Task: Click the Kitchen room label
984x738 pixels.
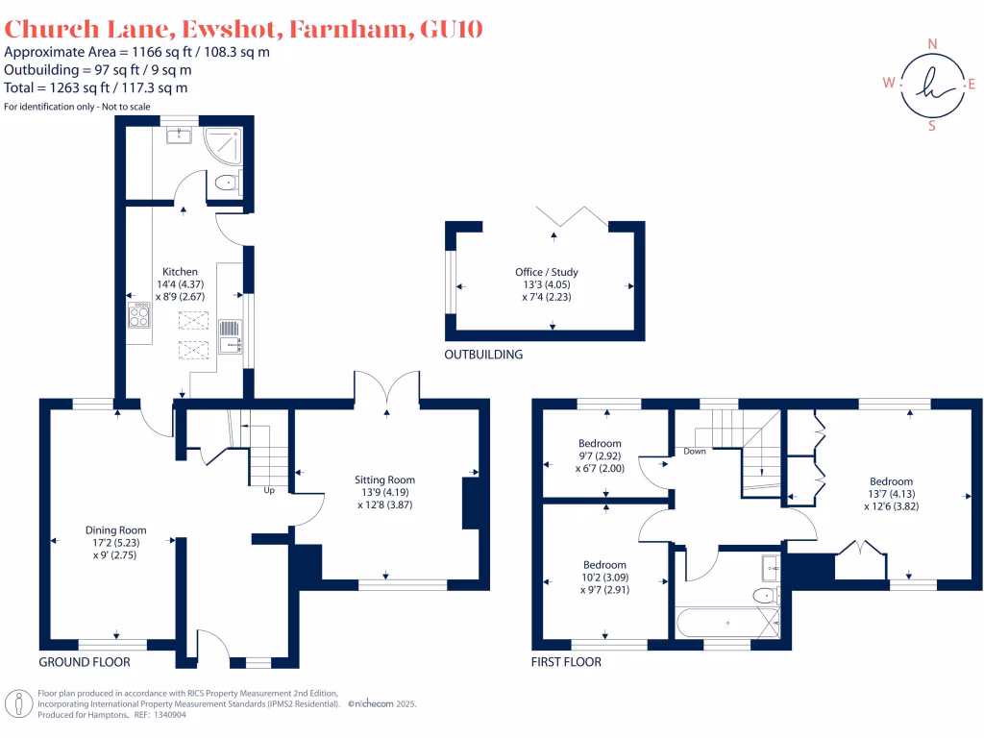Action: tap(180, 272)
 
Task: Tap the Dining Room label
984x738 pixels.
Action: tap(116, 529)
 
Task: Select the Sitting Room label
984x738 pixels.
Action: tap(384, 480)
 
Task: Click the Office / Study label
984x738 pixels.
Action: tap(547, 272)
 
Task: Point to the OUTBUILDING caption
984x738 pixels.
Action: tap(483, 355)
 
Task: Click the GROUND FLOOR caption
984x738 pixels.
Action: tap(85, 662)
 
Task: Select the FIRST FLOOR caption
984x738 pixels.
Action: tap(567, 662)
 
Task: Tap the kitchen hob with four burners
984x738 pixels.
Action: tap(138, 315)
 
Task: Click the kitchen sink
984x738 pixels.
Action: tap(231, 336)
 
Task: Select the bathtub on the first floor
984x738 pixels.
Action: tap(727, 623)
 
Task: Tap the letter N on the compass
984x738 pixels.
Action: tap(931, 44)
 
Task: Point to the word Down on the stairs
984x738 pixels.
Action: tap(696, 450)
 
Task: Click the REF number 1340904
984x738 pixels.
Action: tap(166, 715)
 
